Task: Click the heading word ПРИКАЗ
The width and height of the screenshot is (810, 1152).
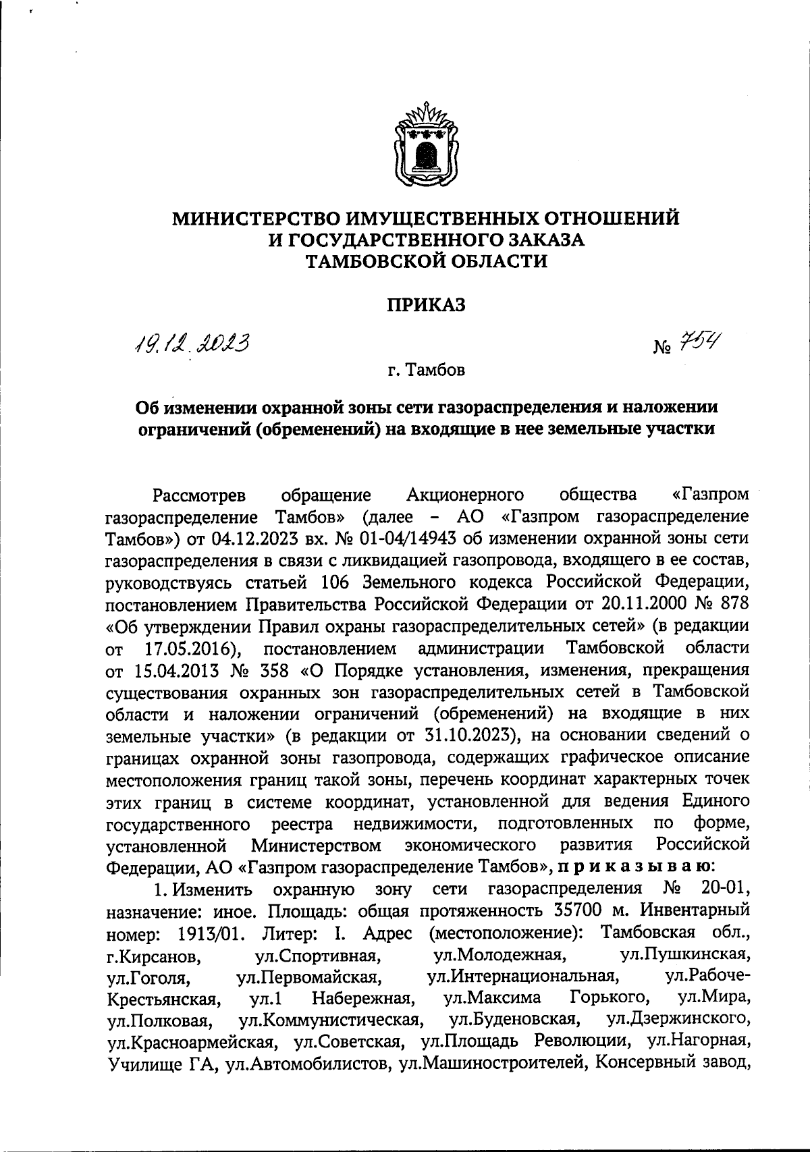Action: pos(426,305)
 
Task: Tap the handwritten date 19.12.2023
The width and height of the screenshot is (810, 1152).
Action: pos(191,347)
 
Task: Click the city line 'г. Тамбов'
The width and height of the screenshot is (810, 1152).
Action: pos(426,371)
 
